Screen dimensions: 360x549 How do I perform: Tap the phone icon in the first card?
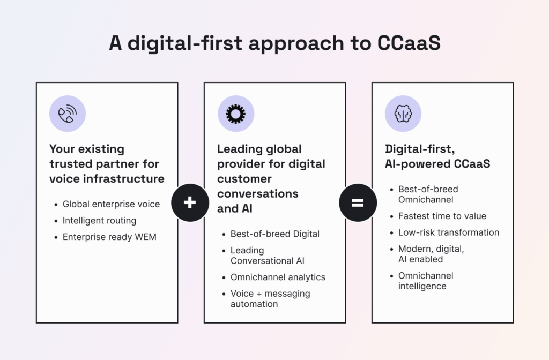click(x=68, y=114)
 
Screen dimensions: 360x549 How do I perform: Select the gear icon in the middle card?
click(x=235, y=114)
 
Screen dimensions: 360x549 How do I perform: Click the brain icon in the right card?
click(x=403, y=114)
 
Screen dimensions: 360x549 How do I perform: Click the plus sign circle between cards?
click(x=190, y=202)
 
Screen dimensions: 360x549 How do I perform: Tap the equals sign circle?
click(x=358, y=202)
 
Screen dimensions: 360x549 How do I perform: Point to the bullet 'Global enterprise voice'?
click(x=111, y=204)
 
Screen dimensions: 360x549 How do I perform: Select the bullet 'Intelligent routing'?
click(x=99, y=220)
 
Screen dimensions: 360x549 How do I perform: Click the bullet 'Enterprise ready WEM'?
click(x=109, y=236)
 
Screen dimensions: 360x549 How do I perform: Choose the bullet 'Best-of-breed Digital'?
click(x=274, y=234)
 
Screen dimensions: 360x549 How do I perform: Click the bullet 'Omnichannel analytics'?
click(x=278, y=277)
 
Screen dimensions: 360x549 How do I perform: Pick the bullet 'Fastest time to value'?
click(x=442, y=216)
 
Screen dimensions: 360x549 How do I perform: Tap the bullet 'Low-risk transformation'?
click(x=449, y=232)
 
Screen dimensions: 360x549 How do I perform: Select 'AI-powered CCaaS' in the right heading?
click(x=437, y=164)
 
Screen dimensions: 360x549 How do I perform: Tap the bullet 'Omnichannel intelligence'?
click(x=426, y=281)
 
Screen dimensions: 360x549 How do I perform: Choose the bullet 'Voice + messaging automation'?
click(x=270, y=298)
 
